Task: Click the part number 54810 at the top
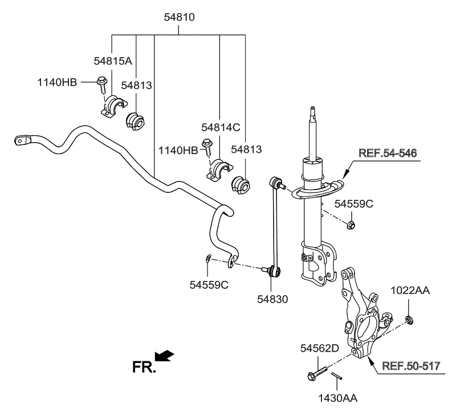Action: [x=179, y=18]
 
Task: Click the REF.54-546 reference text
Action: [x=387, y=153]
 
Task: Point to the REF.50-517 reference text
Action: [x=410, y=366]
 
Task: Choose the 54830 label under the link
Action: [x=272, y=299]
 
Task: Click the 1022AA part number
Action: [x=410, y=291]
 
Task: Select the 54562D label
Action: [x=319, y=348]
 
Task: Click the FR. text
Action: [x=144, y=367]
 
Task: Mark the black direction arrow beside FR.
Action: [x=165, y=356]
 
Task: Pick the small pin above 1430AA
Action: [x=337, y=376]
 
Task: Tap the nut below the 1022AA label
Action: [x=409, y=319]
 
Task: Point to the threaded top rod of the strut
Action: [x=312, y=131]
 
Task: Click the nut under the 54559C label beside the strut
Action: [x=351, y=224]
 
